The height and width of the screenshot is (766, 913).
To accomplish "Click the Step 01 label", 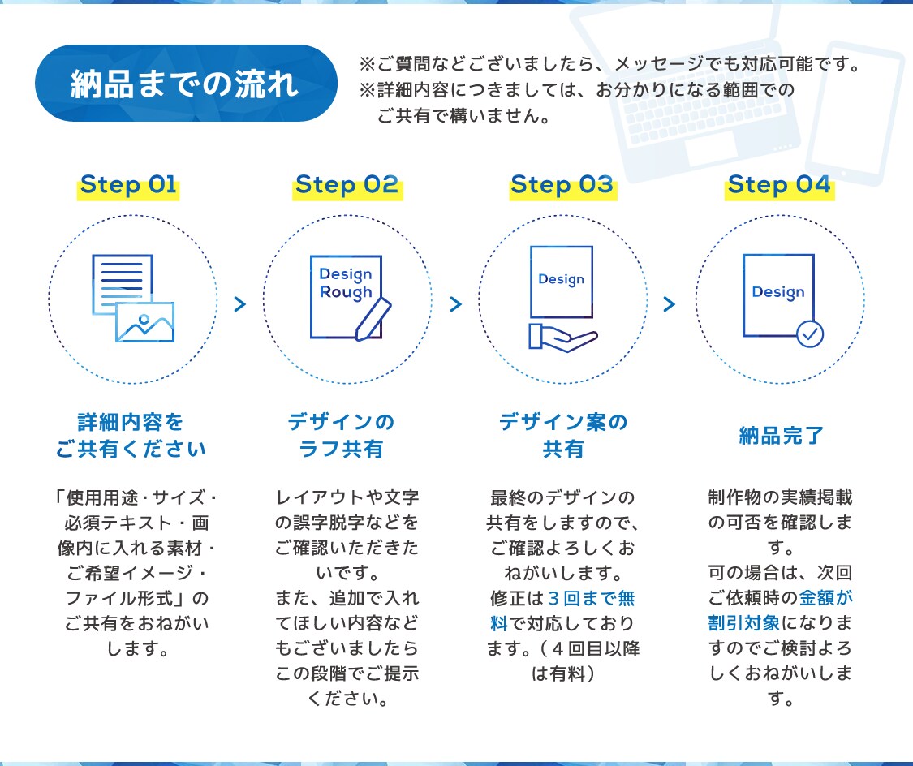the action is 128,184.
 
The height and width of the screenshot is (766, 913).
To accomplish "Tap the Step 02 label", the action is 347,184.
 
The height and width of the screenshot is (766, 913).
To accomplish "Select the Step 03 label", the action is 562,184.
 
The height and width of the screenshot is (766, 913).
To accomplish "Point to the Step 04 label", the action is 779,184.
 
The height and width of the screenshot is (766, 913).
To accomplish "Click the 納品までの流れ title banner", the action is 186,84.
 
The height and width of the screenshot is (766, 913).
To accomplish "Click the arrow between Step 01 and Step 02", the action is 240,303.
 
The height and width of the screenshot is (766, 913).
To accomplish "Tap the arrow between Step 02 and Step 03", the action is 456,303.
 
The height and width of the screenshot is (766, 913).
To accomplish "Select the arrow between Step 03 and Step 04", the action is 670,303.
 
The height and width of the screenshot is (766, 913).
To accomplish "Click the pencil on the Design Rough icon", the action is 373,319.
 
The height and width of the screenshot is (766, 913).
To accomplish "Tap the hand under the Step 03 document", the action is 562,338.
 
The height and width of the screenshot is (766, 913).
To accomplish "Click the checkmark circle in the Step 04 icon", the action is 810,334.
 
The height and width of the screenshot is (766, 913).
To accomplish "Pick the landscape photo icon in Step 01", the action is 145,322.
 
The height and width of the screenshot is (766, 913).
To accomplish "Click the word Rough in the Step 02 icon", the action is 346,292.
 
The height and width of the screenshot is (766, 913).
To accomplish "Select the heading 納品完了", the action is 781,436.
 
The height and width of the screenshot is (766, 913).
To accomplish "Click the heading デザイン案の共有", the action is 563,436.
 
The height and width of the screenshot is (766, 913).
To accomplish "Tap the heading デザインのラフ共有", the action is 341,436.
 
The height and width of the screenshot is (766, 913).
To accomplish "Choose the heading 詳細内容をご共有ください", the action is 131,436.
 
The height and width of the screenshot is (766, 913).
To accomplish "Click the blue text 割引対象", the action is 743,623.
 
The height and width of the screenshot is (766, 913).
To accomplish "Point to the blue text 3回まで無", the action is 592,598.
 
